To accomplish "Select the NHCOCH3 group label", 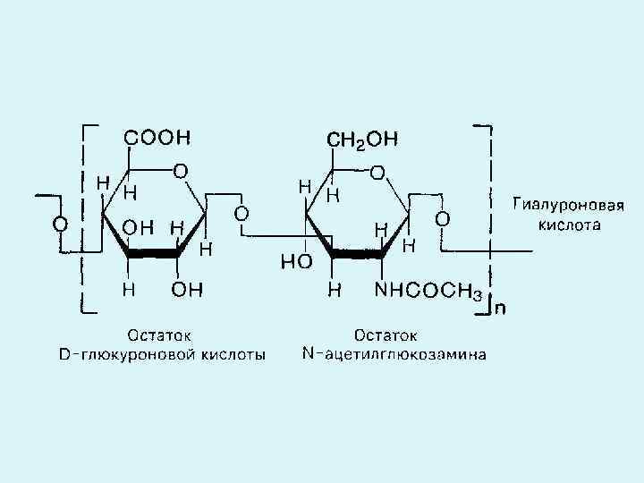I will point(429,292).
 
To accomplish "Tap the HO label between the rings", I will point(296,261).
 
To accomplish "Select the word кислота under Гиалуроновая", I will point(569,225).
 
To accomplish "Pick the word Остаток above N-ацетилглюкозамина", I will point(386,336).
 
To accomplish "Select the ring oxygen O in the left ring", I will point(181,169).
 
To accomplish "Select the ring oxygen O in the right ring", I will point(378,170).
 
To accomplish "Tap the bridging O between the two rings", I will point(241,214).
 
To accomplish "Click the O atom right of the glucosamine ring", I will point(442,218).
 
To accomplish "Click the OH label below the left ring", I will point(187,290).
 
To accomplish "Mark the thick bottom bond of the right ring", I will point(357,255).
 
